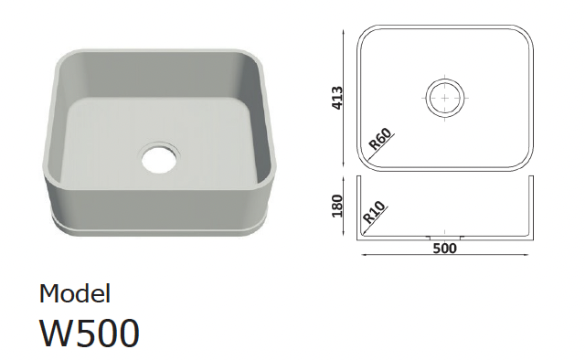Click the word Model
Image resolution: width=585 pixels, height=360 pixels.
pyautogui.click(x=75, y=293)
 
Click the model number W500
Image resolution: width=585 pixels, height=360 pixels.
pyautogui.click(x=90, y=334)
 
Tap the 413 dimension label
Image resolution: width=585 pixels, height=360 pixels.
pyautogui.click(x=337, y=98)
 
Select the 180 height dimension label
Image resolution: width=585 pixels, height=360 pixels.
pyautogui.click(x=337, y=206)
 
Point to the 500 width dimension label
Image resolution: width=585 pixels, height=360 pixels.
pyautogui.click(x=445, y=249)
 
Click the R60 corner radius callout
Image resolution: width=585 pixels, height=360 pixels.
pyautogui.click(x=380, y=139)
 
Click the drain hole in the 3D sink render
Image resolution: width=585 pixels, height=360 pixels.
pyautogui.click(x=159, y=159)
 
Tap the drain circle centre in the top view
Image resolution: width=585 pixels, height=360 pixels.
pyautogui.click(x=445, y=98)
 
